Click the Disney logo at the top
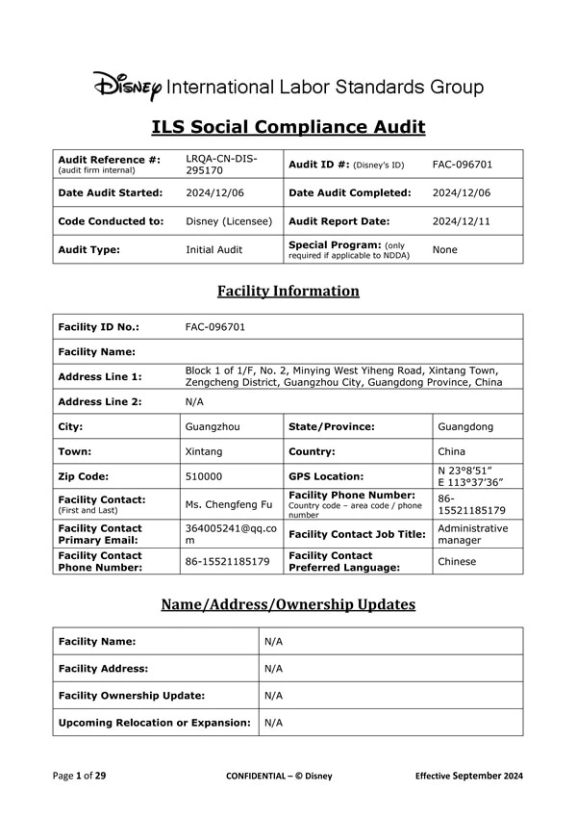tap(128, 87)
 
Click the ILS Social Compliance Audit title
tap(288, 127)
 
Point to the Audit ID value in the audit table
tap(463, 164)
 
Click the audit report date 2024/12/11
tap(463, 220)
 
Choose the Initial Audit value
tap(214, 249)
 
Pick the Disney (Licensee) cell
tap(229, 220)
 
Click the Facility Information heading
tap(288, 291)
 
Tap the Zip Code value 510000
tap(205, 475)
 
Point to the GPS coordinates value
tap(468, 475)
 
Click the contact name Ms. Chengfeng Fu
tap(228, 504)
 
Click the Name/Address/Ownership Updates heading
tap(288, 604)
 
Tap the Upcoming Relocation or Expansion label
tap(154, 722)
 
